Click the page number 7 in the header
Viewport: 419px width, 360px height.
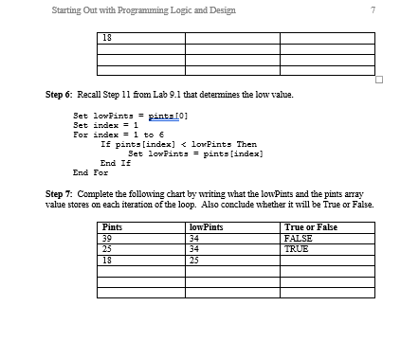pos(374,10)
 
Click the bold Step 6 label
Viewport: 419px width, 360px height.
pos(62,96)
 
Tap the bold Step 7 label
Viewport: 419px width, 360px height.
pos(62,193)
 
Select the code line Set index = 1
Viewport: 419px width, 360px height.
pos(107,125)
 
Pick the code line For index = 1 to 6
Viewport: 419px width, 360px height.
pos(120,135)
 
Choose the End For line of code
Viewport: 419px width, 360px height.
pos(91,172)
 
